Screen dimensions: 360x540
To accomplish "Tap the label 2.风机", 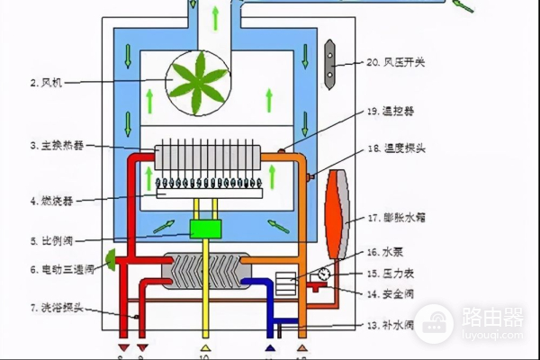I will point(45,82).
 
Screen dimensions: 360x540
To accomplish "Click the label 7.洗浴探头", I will point(51,308).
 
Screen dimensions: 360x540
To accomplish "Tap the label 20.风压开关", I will point(392,62).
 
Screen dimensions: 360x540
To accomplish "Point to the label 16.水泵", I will point(384,253).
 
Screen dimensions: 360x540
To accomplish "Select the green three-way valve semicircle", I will point(112,261).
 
